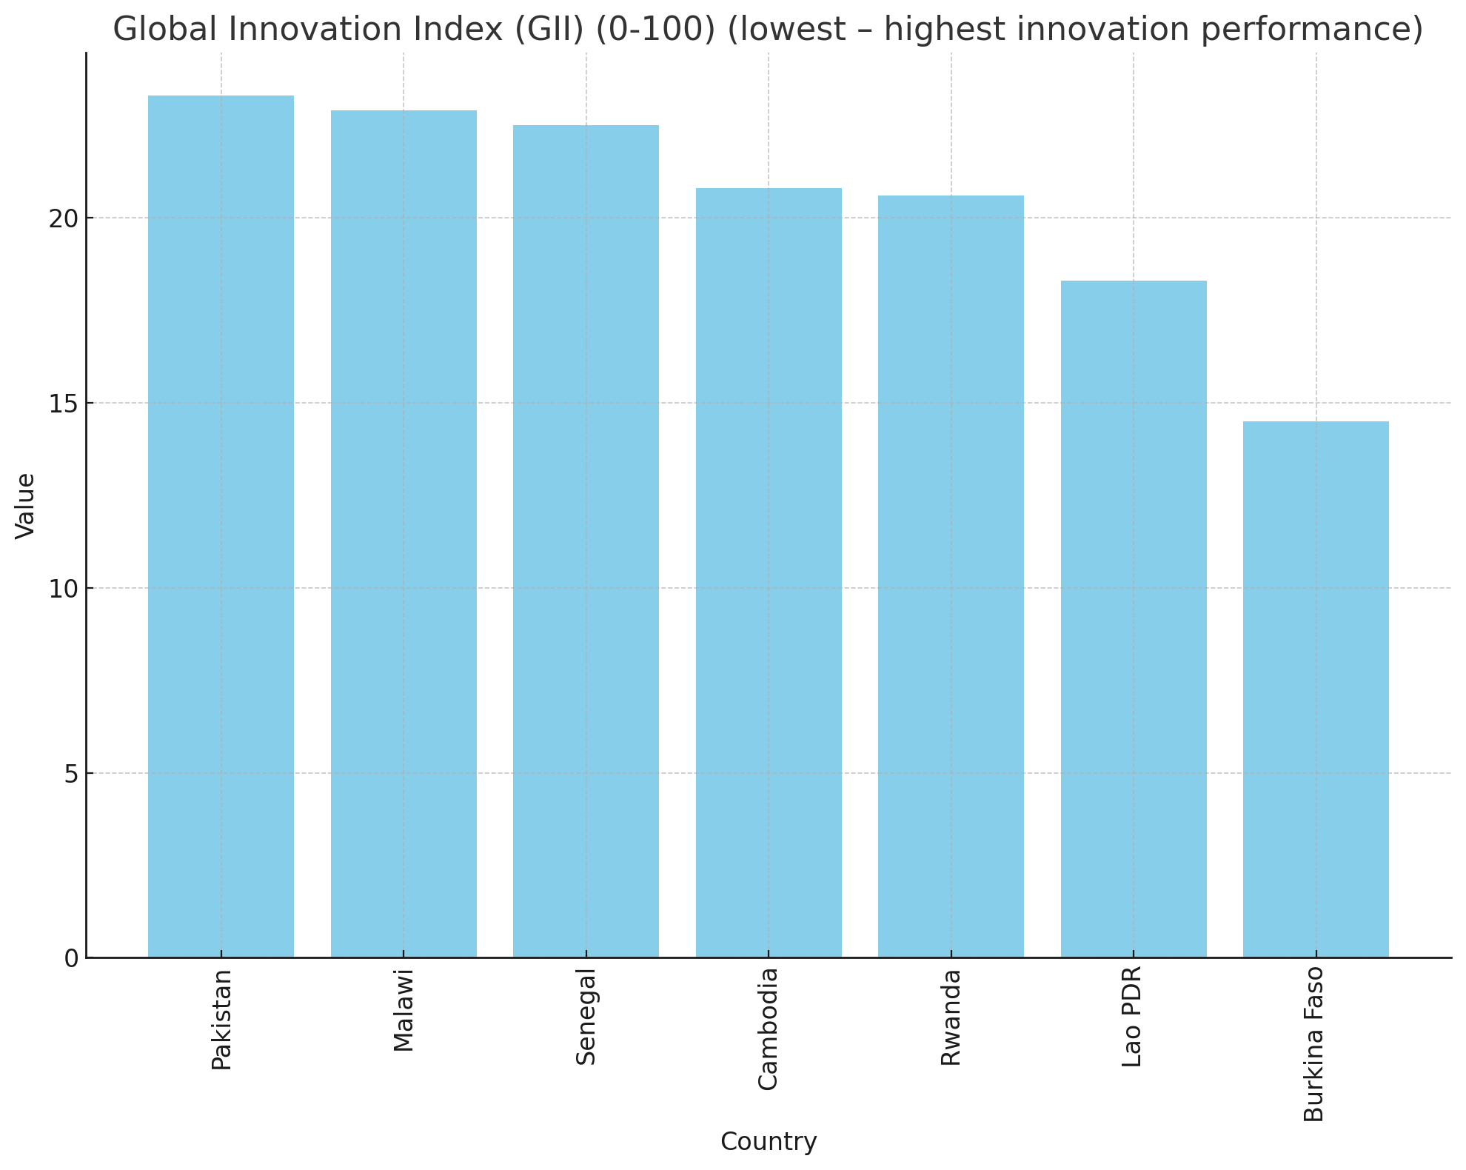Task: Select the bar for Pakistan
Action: click(x=221, y=526)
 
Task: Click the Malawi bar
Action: click(x=404, y=534)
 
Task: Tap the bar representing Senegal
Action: click(x=586, y=541)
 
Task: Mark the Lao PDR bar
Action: click(x=1134, y=619)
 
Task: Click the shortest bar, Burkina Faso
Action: click(x=1316, y=689)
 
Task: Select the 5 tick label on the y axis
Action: click(x=71, y=774)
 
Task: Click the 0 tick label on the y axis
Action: click(x=71, y=958)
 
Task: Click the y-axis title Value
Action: click(x=25, y=506)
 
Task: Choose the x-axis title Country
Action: click(x=769, y=1141)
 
